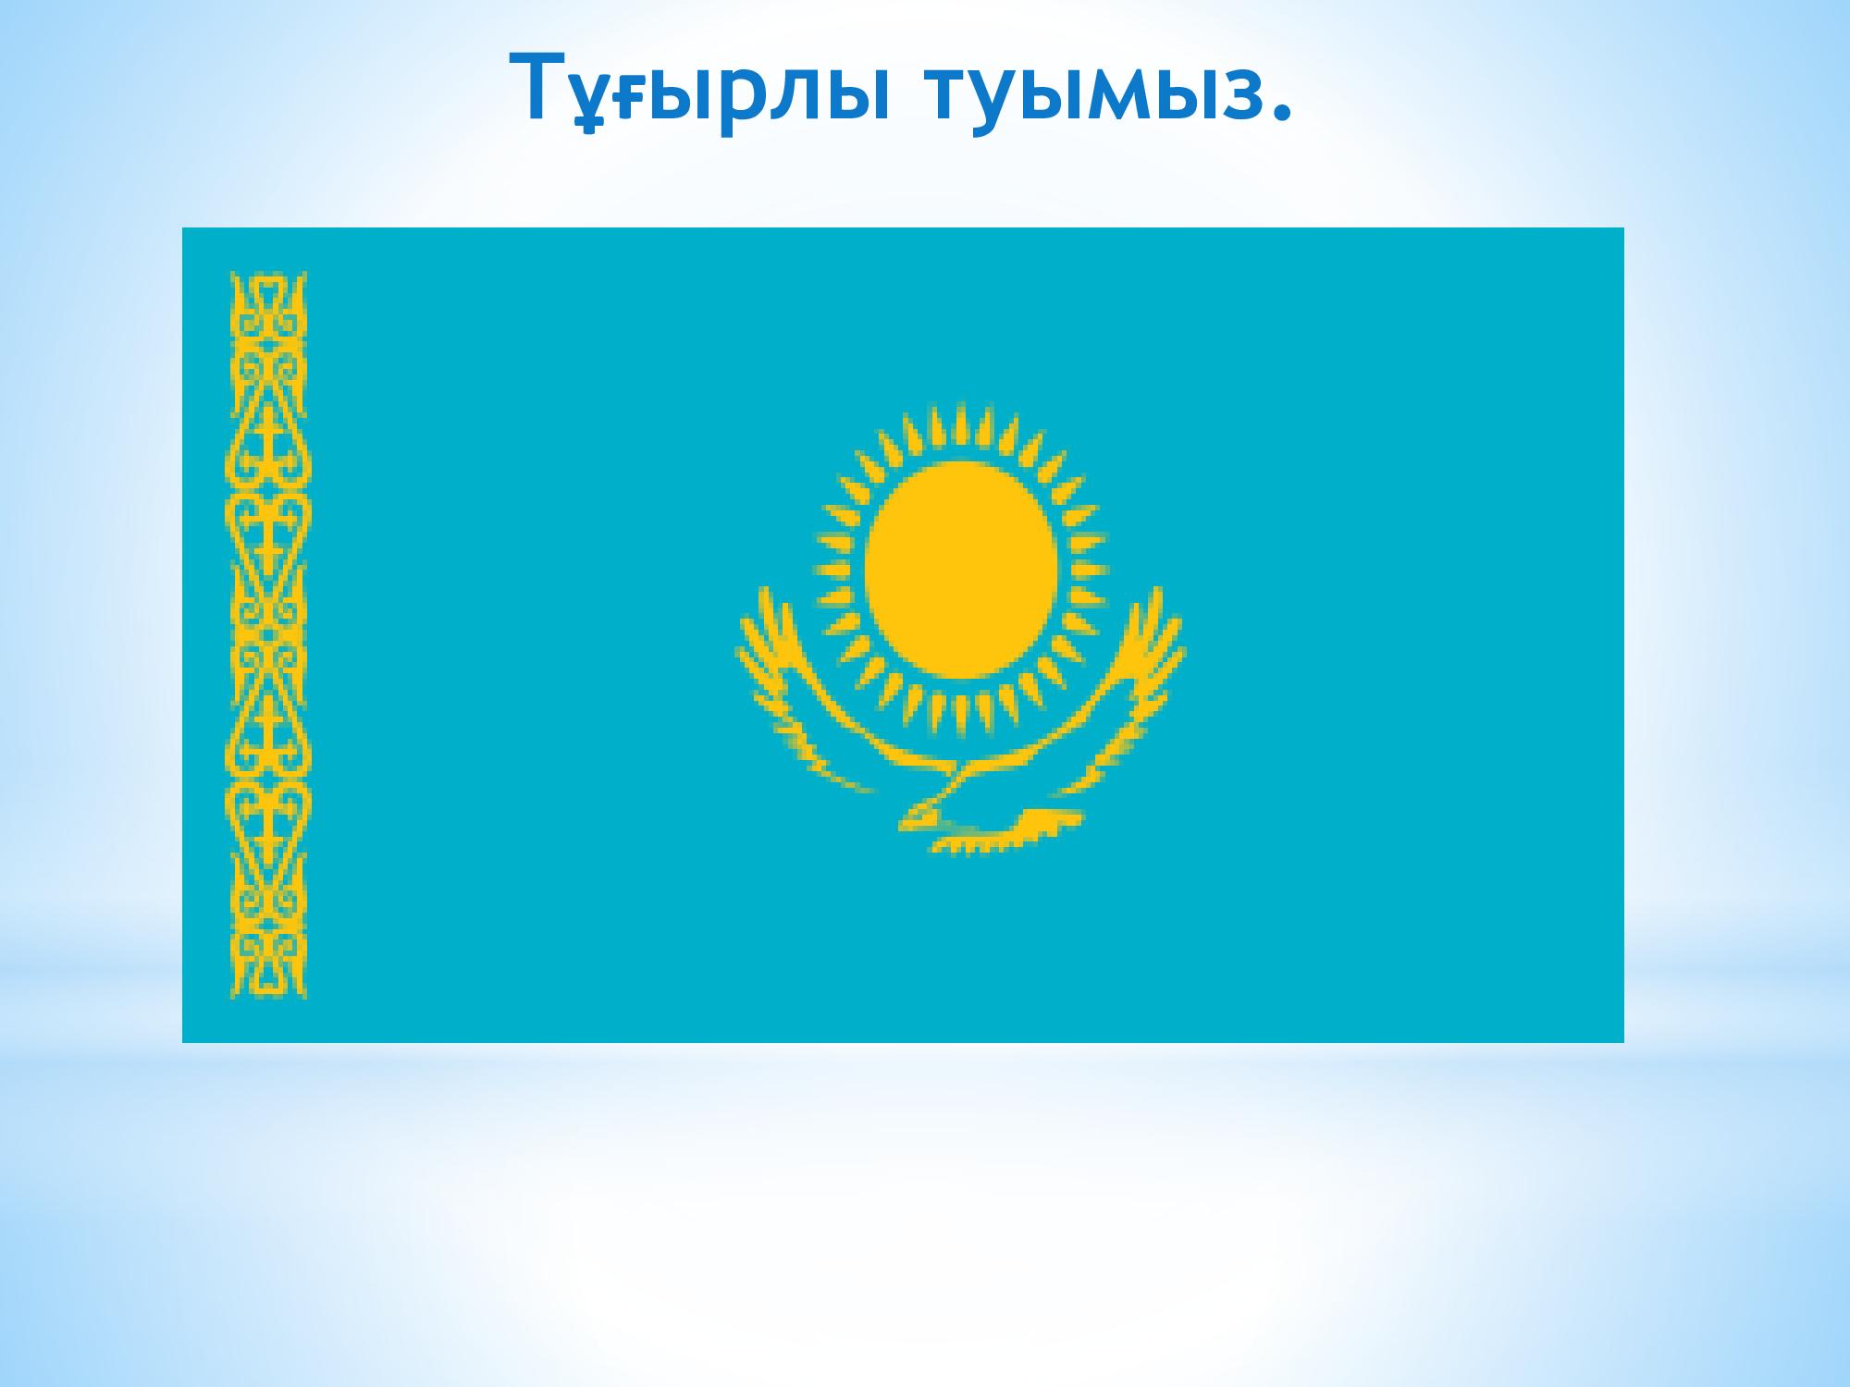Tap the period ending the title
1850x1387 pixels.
[x=1280, y=111]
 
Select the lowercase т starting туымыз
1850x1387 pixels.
[x=949, y=92]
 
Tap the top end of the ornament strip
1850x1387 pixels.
[x=268, y=275]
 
